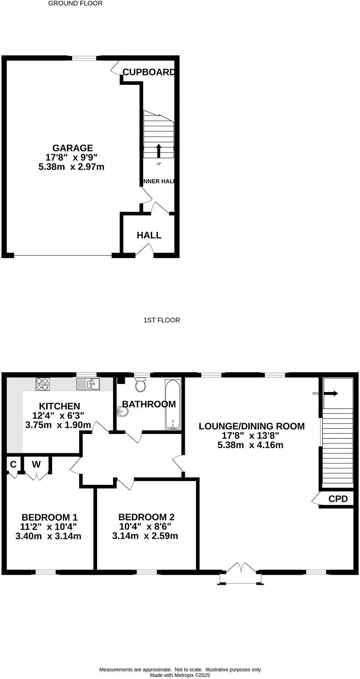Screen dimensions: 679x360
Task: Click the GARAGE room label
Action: pyautogui.click(x=73, y=148)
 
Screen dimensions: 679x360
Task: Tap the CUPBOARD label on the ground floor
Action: pyautogui.click(x=148, y=72)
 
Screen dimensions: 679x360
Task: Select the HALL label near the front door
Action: pyautogui.click(x=149, y=235)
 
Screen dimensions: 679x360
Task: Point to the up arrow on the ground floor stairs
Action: pyautogui.click(x=158, y=150)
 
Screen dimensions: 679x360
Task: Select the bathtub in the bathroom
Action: pyautogui.click(x=172, y=404)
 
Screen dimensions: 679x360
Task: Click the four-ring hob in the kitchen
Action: pyautogui.click(x=42, y=384)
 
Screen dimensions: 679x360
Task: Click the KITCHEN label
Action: pyautogui.click(x=59, y=406)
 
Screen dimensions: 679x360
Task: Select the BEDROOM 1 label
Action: pyautogui.click(x=49, y=516)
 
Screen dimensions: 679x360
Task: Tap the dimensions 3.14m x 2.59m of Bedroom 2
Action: pyautogui.click(x=145, y=536)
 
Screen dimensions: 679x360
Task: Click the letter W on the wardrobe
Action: pyautogui.click(x=36, y=464)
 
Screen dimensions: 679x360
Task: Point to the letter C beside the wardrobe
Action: pyautogui.click(x=13, y=464)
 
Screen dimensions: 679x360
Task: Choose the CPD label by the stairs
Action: pyautogui.click(x=337, y=499)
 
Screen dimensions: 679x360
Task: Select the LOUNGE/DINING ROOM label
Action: pyautogui.click(x=251, y=426)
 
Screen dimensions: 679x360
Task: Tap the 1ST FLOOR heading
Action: pyautogui.click(x=162, y=320)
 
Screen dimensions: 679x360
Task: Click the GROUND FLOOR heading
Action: pyautogui.click(x=75, y=3)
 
